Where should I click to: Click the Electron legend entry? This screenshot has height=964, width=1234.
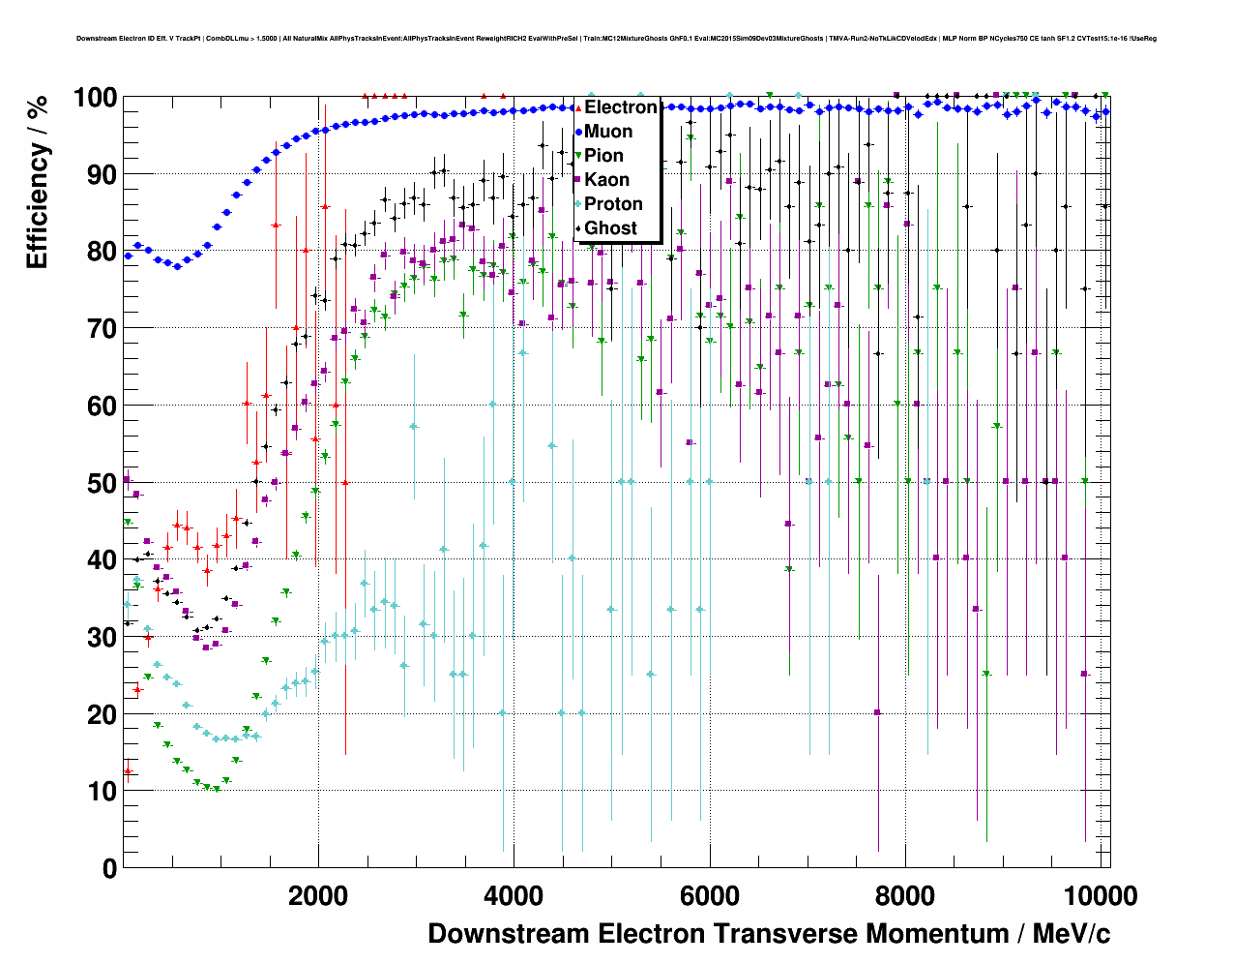(620, 107)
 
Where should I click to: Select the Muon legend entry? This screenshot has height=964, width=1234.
(608, 132)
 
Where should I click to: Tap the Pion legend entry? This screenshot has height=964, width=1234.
(604, 156)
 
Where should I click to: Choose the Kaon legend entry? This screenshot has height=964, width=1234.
(606, 180)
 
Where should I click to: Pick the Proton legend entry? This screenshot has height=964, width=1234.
(613, 204)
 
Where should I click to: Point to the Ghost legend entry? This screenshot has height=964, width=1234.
(610, 228)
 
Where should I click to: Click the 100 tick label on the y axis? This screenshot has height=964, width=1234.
(95, 98)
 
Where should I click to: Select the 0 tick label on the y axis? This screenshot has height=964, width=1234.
(109, 868)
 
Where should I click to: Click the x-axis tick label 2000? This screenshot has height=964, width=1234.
(318, 896)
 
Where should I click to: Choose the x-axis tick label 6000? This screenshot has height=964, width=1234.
(710, 896)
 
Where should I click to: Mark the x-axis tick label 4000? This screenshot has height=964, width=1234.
(514, 896)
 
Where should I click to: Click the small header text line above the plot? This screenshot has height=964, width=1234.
(616, 39)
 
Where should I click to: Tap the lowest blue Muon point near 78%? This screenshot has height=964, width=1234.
(177, 265)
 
